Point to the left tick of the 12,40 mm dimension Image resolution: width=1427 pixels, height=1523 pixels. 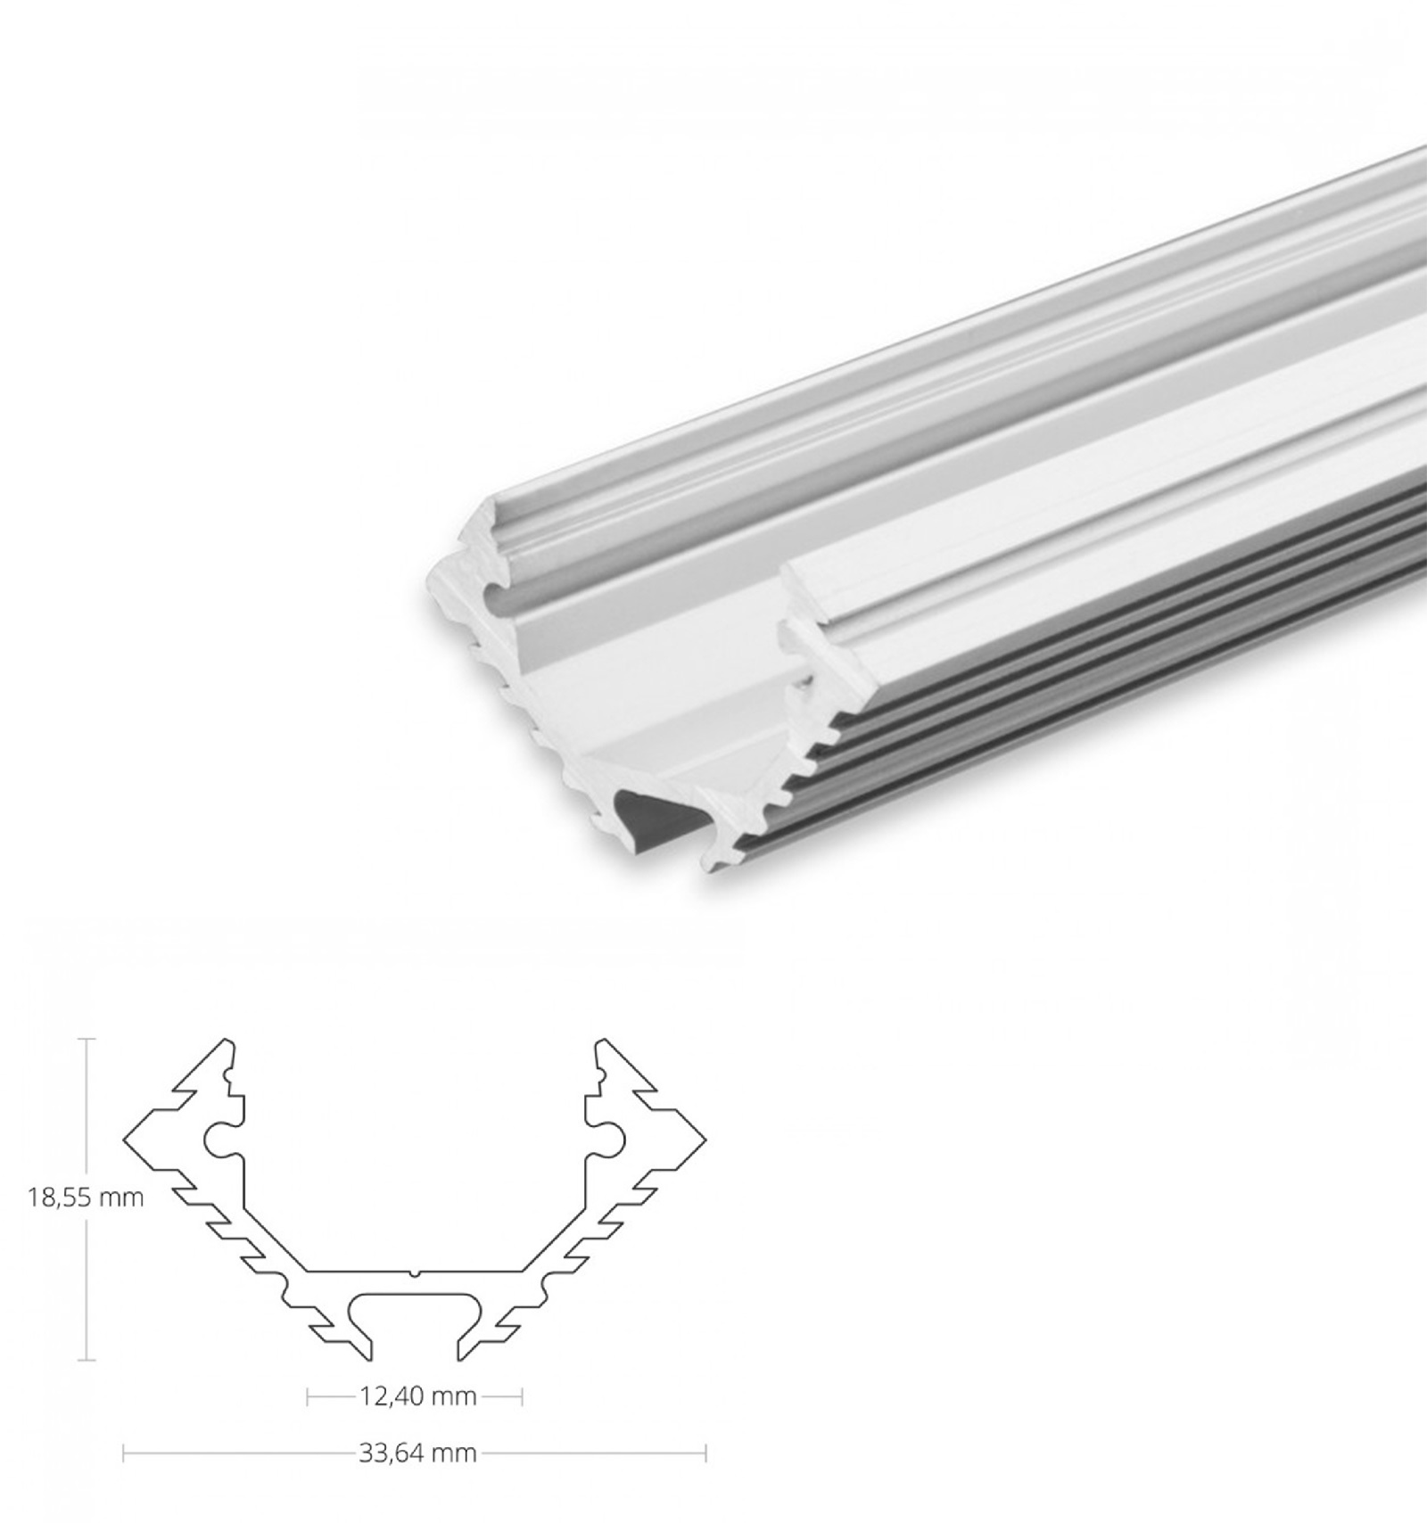[308, 1395]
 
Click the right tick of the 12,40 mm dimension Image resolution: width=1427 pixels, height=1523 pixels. [522, 1395]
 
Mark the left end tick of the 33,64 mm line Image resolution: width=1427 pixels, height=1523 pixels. [123, 1453]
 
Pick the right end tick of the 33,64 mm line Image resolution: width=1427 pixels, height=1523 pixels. [705, 1453]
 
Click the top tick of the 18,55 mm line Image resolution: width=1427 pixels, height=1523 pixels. [86, 1039]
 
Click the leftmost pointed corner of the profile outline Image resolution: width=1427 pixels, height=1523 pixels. [124, 1139]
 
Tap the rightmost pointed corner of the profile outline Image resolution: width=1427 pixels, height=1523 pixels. [705, 1139]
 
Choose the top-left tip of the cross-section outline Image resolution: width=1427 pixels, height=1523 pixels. [228, 1040]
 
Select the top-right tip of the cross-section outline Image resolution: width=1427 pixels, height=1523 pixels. [601, 1040]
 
